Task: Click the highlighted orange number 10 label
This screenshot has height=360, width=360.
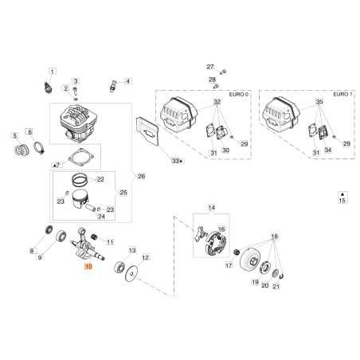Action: point(88,268)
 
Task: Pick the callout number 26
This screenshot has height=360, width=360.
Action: point(142,176)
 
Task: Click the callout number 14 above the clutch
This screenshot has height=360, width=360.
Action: point(211,209)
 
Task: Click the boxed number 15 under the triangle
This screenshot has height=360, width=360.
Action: point(342,202)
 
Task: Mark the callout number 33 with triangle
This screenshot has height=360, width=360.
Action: point(177,161)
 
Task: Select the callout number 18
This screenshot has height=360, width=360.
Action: point(275,237)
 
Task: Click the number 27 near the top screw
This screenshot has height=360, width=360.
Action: point(210,66)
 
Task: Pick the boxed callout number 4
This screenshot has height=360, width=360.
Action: point(128,81)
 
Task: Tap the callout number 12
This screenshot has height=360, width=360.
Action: point(144,257)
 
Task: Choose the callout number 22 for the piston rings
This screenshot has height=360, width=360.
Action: point(100,178)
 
